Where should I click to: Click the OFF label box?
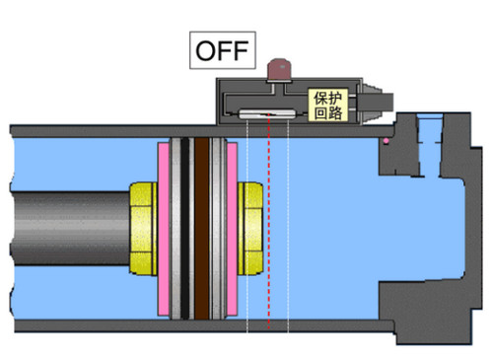tap(223, 50)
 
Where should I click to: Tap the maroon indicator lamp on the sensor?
tap(279, 69)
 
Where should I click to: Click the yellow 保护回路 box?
tap(328, 105)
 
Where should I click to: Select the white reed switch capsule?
tap(267, 113)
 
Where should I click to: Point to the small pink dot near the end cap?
tap(386, 141)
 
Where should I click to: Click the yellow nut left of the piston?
tap(144, 229)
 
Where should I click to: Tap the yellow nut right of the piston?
tap(250, 228)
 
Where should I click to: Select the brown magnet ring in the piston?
tap(201, 229)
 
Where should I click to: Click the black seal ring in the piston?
tap(184, 229)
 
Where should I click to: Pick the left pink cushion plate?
tap(164, 229)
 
